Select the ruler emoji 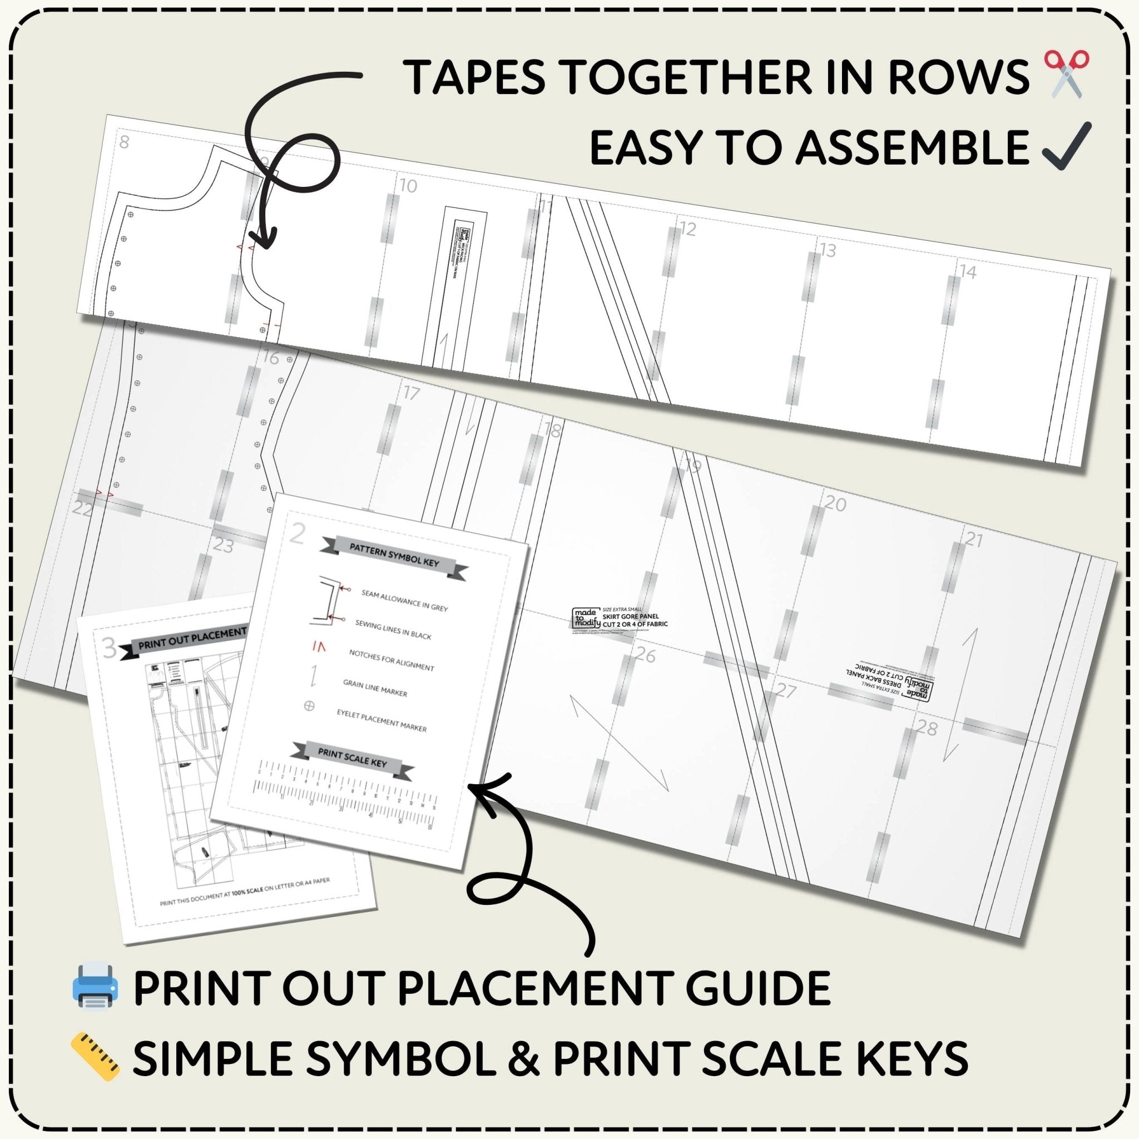95,1057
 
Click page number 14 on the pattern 968,272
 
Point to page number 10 408,186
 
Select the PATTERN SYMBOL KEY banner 394,554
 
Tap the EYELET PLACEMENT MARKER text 382,720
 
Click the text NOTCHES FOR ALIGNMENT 392,660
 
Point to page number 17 412,393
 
